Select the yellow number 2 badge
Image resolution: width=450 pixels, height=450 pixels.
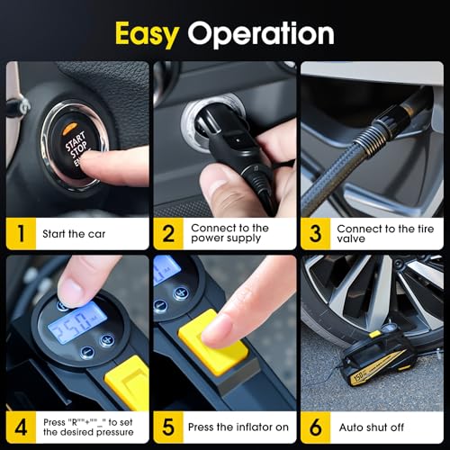167,233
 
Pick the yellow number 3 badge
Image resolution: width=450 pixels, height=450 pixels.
314,233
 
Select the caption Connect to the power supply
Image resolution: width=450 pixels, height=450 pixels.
229,234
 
